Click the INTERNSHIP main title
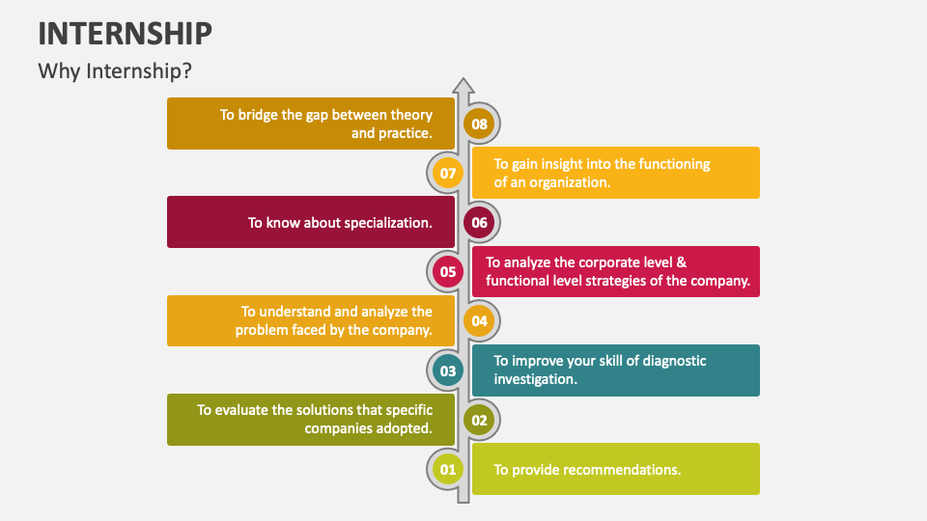(125, 33)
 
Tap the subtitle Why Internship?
(115, 70)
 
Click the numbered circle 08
(479, 124)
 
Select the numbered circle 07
(447, 173)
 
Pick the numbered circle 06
(479, 222)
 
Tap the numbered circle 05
(447, 272)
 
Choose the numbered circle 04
(479, 320)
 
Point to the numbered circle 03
(447, 370)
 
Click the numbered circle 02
(479, 420)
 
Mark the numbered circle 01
(447, 469)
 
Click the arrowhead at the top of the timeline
(463, 86)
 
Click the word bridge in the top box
(258, 115)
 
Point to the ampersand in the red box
(682, 262)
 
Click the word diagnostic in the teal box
(674, 361)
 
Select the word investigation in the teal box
(536, 380)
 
